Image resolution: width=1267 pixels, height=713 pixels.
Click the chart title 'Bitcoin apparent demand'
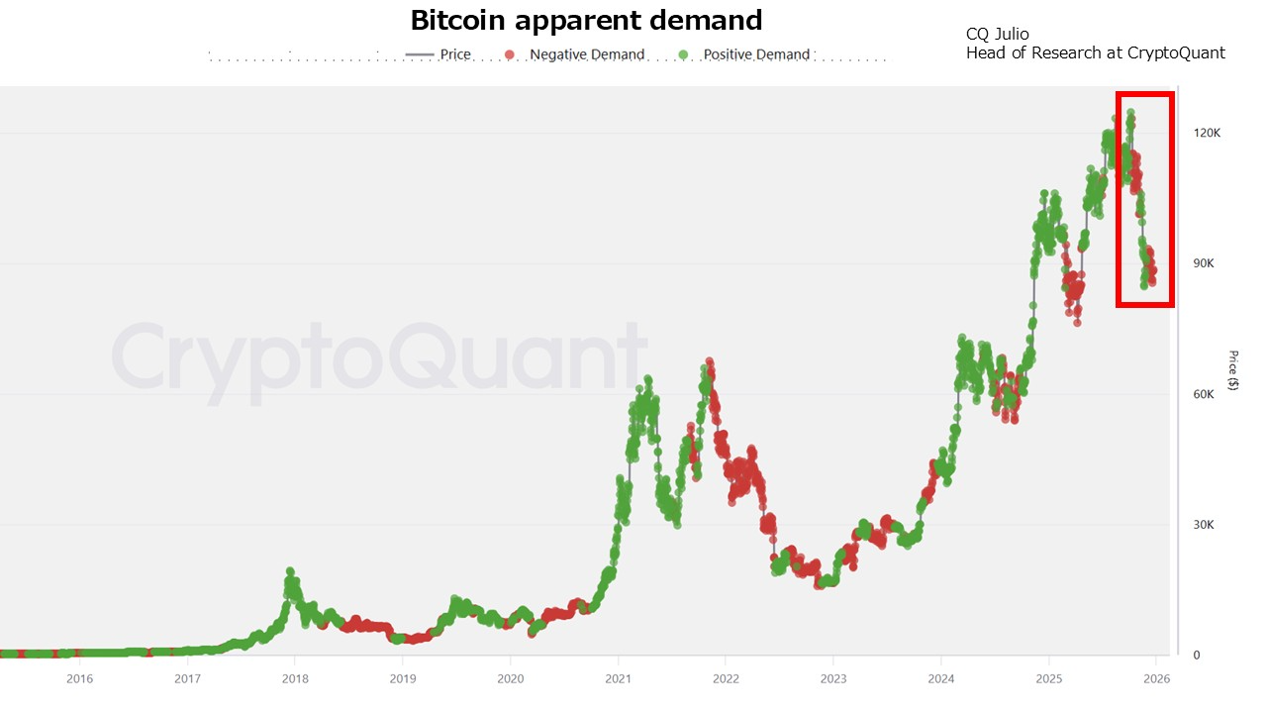(x=586, y=20)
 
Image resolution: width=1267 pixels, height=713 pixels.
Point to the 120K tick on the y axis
(x=1208, y=133)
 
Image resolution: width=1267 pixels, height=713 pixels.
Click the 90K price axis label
(x=1205, y=263)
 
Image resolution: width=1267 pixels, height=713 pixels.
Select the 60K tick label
(x=1205, y=394)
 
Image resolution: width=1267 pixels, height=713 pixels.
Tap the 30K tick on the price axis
(x=1205, y=525)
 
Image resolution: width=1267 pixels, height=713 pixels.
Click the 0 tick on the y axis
(x=1196, y=656)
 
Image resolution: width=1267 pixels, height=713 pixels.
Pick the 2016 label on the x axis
(x=79, y=678)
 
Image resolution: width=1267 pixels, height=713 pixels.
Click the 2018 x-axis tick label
(x=294, y=678)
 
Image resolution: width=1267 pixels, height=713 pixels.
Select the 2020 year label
(x=510, y=678)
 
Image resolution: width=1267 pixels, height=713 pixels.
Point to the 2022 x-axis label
(x=726, y=678)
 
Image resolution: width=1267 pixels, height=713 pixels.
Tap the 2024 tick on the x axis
(x=941, y=678)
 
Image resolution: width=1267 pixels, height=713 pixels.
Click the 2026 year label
(x=1156, y=678)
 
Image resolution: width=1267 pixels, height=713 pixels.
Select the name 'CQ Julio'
(x=997, y=35)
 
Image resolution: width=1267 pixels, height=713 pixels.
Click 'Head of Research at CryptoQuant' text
(x=1095, y=53)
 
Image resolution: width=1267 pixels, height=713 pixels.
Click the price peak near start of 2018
(x=290, y=572)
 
